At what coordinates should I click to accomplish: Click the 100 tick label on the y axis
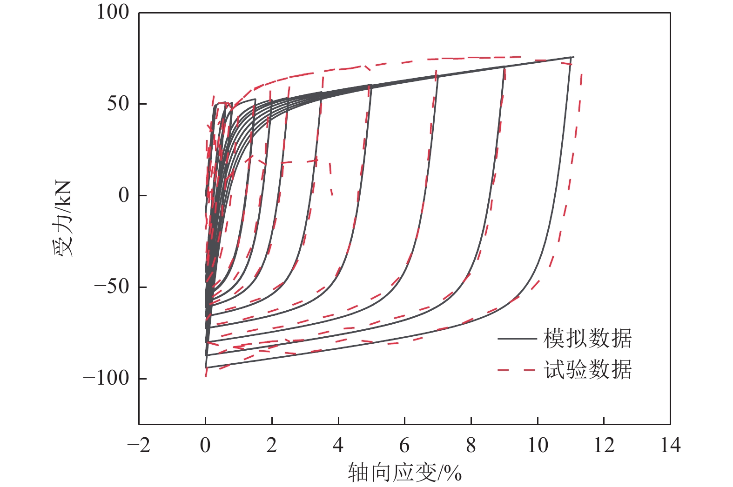point(113,12)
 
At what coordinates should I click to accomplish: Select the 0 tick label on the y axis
point(124,195)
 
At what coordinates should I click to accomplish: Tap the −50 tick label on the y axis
point(112,287)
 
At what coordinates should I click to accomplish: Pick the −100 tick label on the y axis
point(106,378)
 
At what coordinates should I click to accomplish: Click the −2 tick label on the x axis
point(139,445)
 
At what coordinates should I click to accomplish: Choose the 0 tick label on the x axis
point(205,445)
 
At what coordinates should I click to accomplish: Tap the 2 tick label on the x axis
point(272,445)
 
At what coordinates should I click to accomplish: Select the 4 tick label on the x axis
point(338,445)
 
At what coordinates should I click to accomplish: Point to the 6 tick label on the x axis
point(405,445)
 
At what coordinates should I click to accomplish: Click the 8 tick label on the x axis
point(471,445)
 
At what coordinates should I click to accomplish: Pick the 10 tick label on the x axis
point(538,445)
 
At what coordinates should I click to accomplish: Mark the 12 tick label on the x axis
point(604,445)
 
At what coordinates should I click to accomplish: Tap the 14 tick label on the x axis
point(671,445)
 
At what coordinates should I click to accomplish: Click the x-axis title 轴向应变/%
point(404,473)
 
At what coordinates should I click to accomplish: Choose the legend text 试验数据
point(588,370)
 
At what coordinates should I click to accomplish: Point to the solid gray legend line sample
point(517,339)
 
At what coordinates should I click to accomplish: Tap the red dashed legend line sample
point(517,370)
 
